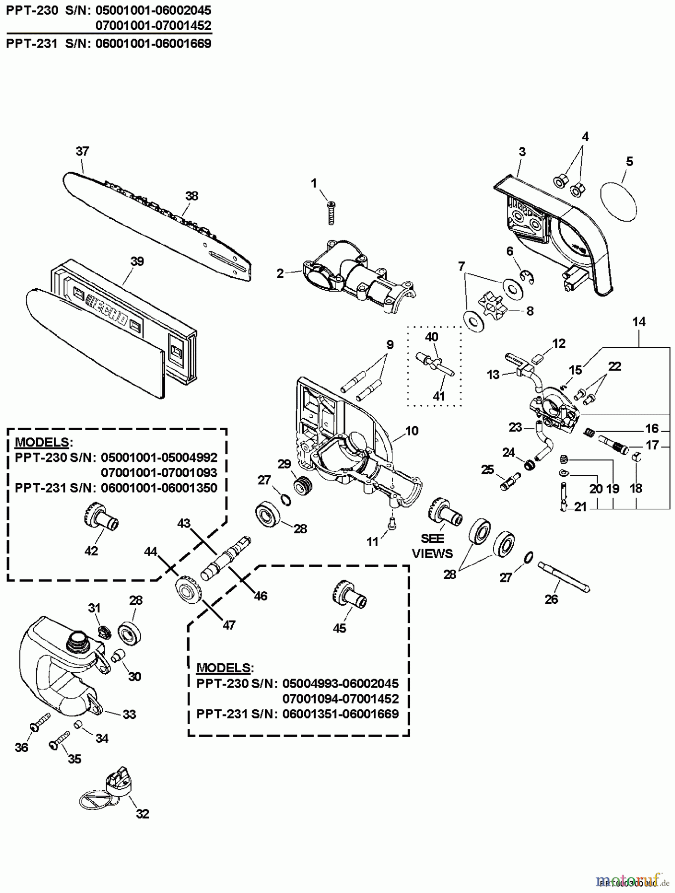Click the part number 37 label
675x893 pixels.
pyautogui.click(x=82, y=151)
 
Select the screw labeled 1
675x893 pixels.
pyautogui.click(x=329, y=211)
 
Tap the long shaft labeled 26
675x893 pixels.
pyautogui.click(x=565, y=576)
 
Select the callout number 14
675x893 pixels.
pyautogui.click(x=639, y=322)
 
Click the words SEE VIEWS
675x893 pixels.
pyautogui.click(x=432, y=546)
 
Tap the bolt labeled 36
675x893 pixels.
pyautogui.click(x=40, y=722)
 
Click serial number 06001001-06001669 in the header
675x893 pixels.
pyautogui.click(x=156, y=44)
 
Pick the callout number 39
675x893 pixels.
pyautogui.click(x=137, y=261)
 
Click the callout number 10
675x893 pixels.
pyautogui.click(x=411, y=431)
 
